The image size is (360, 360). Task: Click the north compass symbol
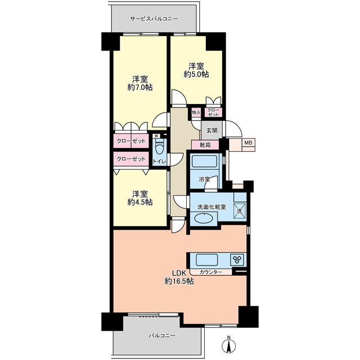(x=229, y=344)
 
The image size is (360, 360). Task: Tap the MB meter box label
(x=248, y=143)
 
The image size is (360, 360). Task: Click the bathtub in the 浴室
(x=204, y=161)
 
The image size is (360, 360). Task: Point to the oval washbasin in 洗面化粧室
(x=204, y=218)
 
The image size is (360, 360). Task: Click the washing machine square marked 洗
(x=240, y=211)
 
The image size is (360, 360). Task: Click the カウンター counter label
(x=211, y=272)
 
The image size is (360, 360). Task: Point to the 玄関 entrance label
(x=211, y=130)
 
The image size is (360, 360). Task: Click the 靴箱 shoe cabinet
(x=205, y=145)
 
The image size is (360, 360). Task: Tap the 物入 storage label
(x=196, y=112)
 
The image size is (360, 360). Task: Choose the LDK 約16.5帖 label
(x=179, y=277)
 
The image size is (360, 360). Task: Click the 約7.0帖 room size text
(x=140, y=88)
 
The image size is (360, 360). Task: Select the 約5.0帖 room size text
(x=196, y=74)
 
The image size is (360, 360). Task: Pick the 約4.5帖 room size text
(x=140, y=202)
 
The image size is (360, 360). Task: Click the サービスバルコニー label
(x=154, y=19)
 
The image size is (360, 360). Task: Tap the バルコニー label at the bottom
(x=162, y=336)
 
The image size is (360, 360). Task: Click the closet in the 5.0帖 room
(x=214, y=112)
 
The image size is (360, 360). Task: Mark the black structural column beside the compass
(x=249, y=317)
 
